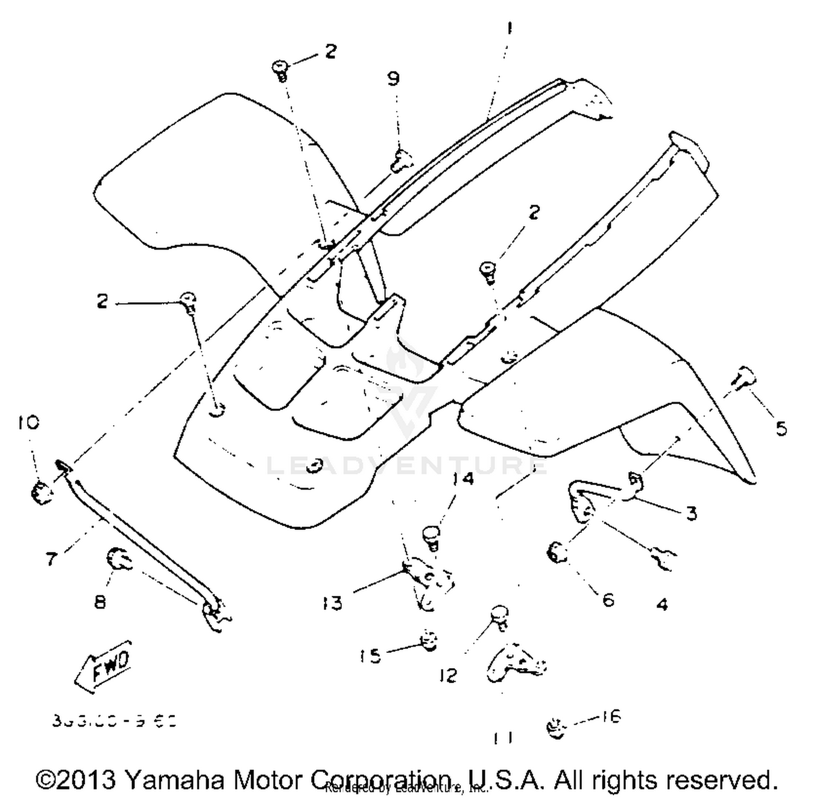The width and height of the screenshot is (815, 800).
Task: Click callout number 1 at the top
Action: tap(509, 28)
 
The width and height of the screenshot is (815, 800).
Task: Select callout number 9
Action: tap(393, 79)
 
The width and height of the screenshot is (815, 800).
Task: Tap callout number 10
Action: tap(28, 422)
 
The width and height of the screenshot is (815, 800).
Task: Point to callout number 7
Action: tap(51, 558)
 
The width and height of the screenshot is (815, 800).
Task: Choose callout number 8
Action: tap(101, 602)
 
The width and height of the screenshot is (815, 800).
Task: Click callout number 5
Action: tap(781, 429)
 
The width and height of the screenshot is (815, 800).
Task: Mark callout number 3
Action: tap(691, 513)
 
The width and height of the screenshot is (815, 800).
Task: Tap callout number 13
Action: tap(333, 603)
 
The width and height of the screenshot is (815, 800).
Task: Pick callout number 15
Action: tap(371, 656)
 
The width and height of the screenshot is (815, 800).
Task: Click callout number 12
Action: tap(448, 676)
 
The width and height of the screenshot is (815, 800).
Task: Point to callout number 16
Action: tap(611, 717)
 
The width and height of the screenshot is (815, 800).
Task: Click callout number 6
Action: tap(608, 599)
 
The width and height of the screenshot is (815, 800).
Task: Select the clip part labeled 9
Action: tap(401, 160)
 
